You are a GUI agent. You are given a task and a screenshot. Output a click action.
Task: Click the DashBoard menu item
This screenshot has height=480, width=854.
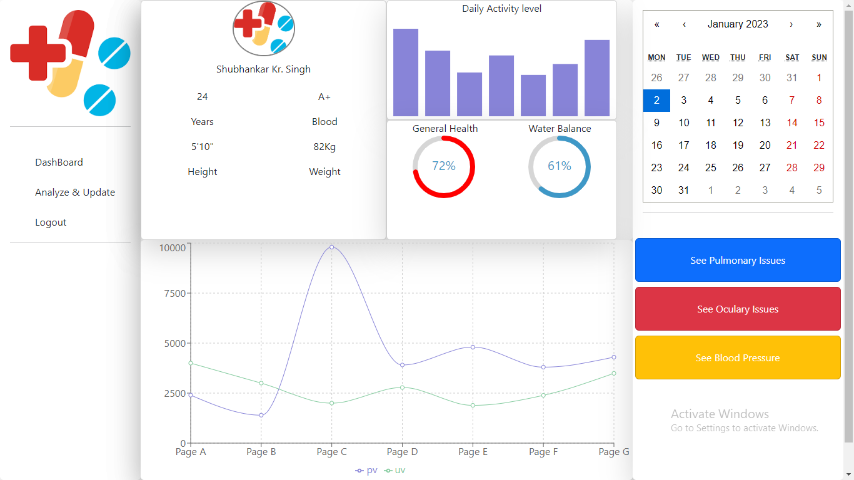point(59,162)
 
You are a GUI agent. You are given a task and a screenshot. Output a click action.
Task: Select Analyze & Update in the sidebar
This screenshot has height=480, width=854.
point(75,192)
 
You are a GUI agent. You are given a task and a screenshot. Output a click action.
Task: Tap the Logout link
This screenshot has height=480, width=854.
point(51,222)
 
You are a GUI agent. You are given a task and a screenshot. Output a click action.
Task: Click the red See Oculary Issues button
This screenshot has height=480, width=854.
point(738,309)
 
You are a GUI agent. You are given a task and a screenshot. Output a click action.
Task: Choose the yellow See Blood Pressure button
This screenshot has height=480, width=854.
point(738,358)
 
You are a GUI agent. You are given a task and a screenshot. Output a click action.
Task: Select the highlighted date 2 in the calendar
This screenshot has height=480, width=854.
point(656,101)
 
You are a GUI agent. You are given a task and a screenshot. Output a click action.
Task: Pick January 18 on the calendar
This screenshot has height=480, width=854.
point(711,146)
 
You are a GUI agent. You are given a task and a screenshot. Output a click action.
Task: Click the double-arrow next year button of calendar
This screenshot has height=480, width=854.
point(819,24)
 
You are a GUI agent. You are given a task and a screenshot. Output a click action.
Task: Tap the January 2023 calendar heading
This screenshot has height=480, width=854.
point(738,24)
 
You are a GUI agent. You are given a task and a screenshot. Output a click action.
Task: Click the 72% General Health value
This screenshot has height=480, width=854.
point(444,166)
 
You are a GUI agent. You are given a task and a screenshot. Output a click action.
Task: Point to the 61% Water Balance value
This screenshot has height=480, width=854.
point(560,166)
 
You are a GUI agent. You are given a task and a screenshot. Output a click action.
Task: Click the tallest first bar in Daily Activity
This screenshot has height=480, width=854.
point(406,72)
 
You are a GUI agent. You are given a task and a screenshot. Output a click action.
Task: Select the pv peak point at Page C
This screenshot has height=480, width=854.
point(331,247)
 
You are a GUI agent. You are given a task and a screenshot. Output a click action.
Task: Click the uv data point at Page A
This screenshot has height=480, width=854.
point(191,363)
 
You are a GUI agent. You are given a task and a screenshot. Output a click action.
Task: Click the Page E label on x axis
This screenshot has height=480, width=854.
point(473,452)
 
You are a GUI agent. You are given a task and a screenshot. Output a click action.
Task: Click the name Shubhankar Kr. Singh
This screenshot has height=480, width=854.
point(263,69)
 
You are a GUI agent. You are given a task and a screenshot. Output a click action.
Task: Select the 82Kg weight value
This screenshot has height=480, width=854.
point(324,147)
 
